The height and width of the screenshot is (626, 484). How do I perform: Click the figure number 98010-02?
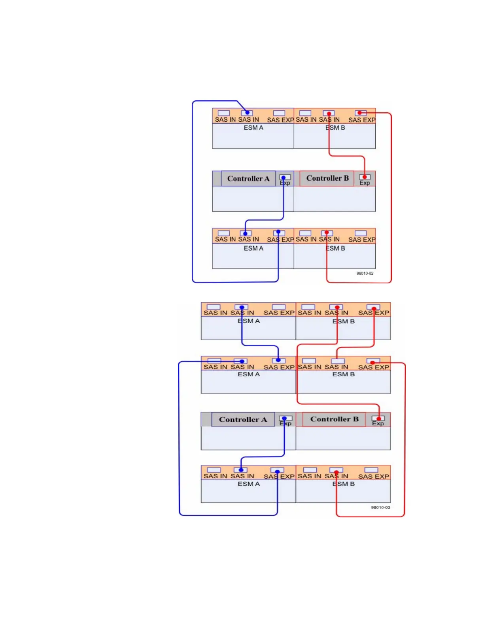[x=365, y=273]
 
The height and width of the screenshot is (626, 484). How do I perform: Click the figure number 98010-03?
[x=380, y=507]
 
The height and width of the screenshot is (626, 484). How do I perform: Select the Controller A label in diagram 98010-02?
[x=248, y=179]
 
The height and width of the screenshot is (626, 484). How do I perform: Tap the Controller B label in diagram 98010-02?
[x=327, y=178]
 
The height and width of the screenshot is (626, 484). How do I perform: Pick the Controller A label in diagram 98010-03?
[x=242, y=419]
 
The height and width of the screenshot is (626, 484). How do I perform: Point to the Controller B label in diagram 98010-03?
[x=334, y=419]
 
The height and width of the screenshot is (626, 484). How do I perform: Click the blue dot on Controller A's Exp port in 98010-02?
[x=283, y=177]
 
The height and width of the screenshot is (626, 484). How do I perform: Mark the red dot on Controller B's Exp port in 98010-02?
[x=365, y=177]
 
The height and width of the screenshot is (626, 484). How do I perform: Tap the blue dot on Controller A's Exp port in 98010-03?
[x=284, y=418]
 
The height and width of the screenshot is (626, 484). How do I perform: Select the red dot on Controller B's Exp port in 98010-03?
[x=379, y=418]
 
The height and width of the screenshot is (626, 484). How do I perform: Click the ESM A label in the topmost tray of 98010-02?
[x=253, y=128]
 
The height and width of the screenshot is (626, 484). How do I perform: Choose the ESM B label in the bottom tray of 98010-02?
[x=335, y=248]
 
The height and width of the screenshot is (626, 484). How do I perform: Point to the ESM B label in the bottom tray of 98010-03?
[x=343, y=484]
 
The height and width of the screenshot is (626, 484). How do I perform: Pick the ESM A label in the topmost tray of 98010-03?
[x=249, y=321]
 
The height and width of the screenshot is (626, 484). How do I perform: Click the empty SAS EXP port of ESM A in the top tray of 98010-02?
[x=279, y=113]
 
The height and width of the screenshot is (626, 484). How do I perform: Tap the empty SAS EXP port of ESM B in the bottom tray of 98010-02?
[x=361, y=233]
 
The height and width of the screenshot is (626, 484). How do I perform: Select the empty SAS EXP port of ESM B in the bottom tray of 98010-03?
[x=371, y=470]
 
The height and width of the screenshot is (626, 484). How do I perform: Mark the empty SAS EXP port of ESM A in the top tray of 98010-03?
[x=278, y=307]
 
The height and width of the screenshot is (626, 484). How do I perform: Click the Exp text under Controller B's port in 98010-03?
[x=378, y=423]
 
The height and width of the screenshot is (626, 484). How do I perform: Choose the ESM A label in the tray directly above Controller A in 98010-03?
[x=249, y=374]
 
